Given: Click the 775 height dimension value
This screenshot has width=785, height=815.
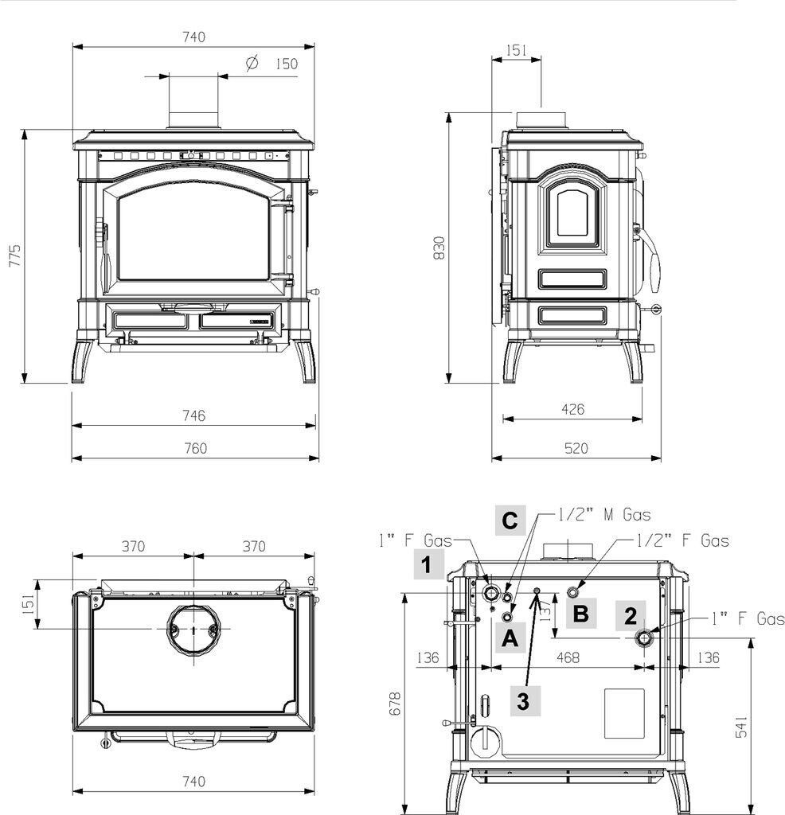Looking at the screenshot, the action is pos(15,256).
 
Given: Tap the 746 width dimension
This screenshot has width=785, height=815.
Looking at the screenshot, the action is pos(193,415).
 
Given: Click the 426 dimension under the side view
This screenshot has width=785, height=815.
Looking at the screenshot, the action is pos(572,410).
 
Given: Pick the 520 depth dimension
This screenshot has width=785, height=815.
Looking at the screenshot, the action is pos(576,448).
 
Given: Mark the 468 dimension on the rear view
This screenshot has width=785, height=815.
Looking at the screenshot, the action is pos(567,658).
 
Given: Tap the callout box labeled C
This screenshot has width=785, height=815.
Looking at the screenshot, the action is pos(510,521).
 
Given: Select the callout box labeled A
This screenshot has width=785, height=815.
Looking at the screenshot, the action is pos(510,637).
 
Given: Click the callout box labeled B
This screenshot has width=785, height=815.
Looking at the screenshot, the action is pos(581,614).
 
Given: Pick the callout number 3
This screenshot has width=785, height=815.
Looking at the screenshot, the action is pos(523,701).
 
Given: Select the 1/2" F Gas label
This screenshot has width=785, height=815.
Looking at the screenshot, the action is pos(684,541).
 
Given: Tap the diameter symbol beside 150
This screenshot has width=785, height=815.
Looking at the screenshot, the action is pos(252,62).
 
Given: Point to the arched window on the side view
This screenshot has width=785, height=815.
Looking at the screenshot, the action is pos(574,210).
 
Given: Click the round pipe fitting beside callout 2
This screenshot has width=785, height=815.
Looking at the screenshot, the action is pos(644,638).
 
